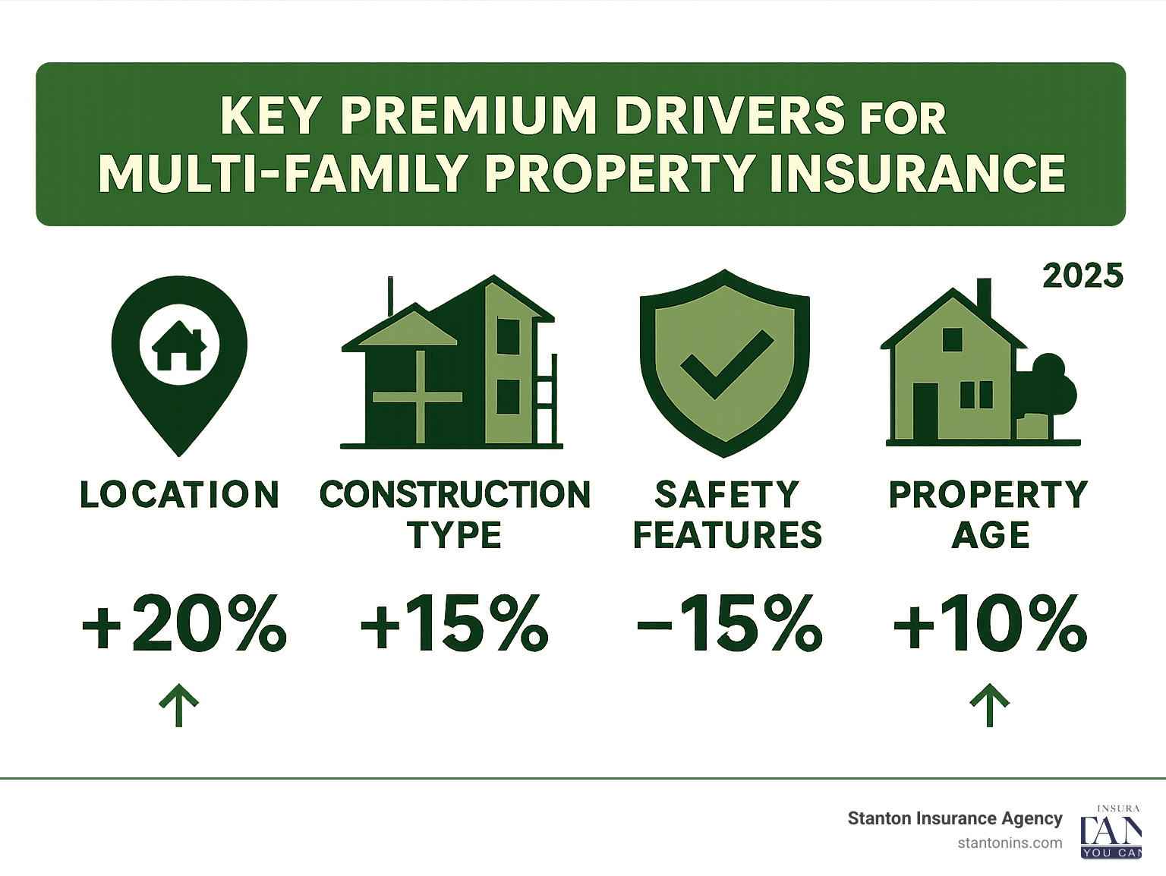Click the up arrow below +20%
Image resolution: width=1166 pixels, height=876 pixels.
[179, 704]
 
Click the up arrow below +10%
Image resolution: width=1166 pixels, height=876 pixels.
[990, 704]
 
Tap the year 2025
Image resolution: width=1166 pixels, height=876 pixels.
[1082, 276]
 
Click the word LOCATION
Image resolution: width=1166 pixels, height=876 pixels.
[180, 495]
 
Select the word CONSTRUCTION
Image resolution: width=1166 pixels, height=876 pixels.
[455, 495]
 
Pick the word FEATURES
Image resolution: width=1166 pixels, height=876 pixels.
[727, 535]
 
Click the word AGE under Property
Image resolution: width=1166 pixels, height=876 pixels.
[990, 535]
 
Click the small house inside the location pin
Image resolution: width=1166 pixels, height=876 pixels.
[180, 346]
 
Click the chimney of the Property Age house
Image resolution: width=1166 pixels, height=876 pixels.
[984, 298]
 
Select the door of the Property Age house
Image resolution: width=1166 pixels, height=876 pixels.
[925, 410]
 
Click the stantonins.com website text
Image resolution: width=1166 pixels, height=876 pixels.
[1010, 843]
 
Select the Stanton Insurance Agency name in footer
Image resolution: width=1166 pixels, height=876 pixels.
[954, 818]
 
